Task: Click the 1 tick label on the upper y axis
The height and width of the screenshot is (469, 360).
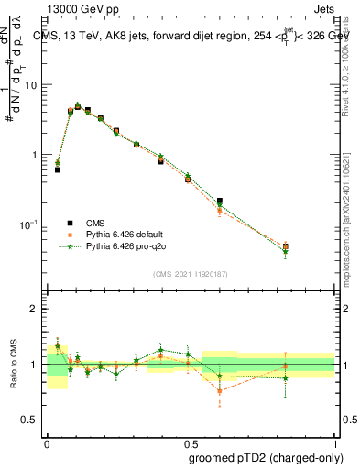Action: (38, 155)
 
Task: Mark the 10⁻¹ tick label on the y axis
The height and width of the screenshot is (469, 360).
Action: (33, 224)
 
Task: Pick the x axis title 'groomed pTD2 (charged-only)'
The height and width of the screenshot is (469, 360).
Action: (266, 457)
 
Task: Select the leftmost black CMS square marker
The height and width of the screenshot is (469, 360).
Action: (58, 169)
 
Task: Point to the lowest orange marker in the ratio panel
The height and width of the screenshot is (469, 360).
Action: (220, 391)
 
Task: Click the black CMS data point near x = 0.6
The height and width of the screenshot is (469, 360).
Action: (220, 201)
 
